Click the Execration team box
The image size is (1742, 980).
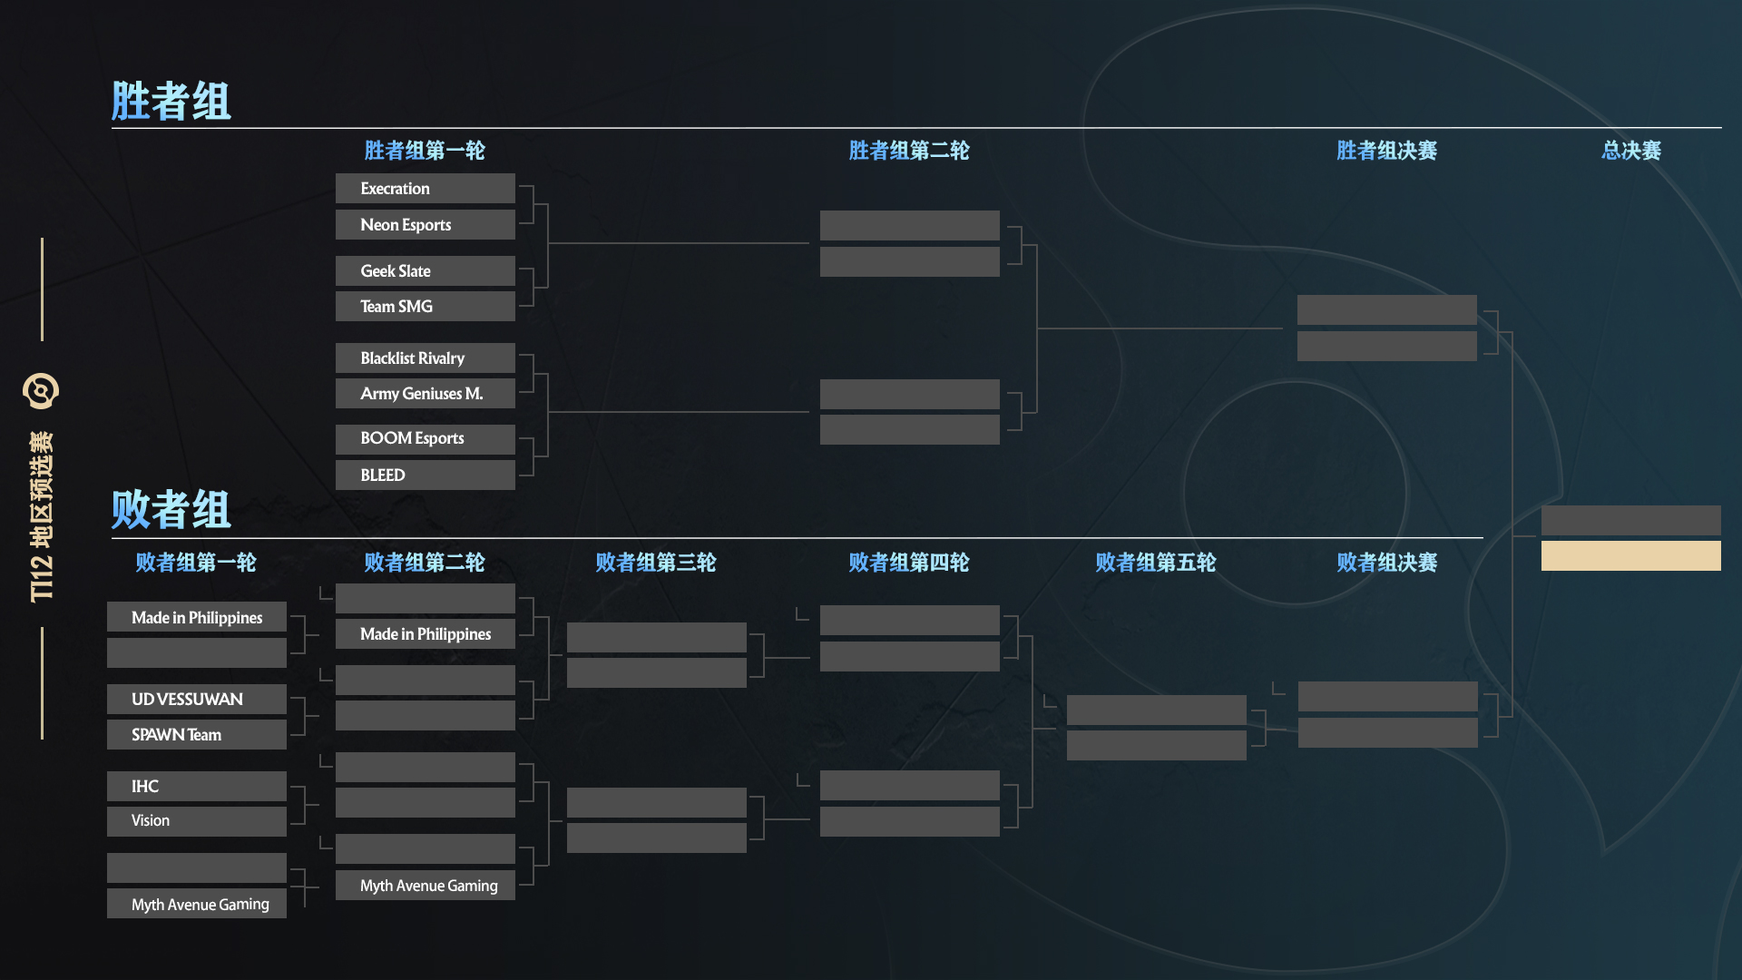click(x=425, y=189)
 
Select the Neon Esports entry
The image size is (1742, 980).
click(x=425, y=225)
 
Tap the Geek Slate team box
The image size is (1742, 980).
click(x=425, y=271)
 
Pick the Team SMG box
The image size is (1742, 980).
click(x=425, y=307)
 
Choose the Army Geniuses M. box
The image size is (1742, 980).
click(x=425, y=394)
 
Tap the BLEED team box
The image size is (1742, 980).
click(x=425, y=475)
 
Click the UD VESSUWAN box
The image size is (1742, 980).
click(x=197, y=700)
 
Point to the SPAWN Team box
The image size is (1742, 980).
click(x=197, y=735)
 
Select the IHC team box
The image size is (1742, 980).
click(x=197, y=787)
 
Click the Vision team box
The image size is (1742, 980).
click(x=197, y=821)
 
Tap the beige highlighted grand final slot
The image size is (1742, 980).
click(x=1631, y=556)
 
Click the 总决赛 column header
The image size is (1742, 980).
click(x=1631, y=151)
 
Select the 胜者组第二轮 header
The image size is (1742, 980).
click(x=909, y=151)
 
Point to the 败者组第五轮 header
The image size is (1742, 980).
click(x=1156, y=563)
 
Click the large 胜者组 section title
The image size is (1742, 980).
click(x=171, y=101)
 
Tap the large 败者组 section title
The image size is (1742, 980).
click(x=171, y=509)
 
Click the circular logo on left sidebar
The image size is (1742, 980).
click(x=41, y=391)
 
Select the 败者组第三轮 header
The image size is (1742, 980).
click(x=656, y=563)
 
